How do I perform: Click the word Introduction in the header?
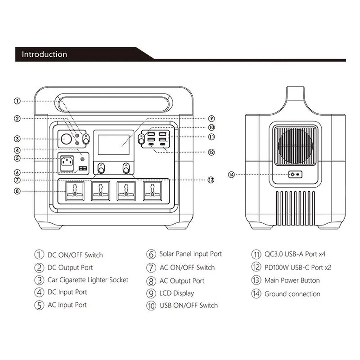[44, 54]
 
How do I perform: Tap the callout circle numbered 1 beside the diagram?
[17, 101]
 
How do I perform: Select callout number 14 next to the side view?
[231, 174]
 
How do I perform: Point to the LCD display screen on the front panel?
[113, 143]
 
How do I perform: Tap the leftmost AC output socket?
[75, 191]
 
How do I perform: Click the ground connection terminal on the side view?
[295, 174]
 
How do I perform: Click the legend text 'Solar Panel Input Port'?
[191, 254]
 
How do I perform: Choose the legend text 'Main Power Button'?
[292, 281]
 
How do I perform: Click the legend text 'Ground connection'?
[292, 294]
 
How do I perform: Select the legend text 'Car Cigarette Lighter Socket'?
[88, 280]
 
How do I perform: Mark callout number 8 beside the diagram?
[17, 191]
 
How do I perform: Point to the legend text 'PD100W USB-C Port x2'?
[298, 268]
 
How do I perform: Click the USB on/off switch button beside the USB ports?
[142, 141]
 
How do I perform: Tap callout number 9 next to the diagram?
[211, 118]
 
